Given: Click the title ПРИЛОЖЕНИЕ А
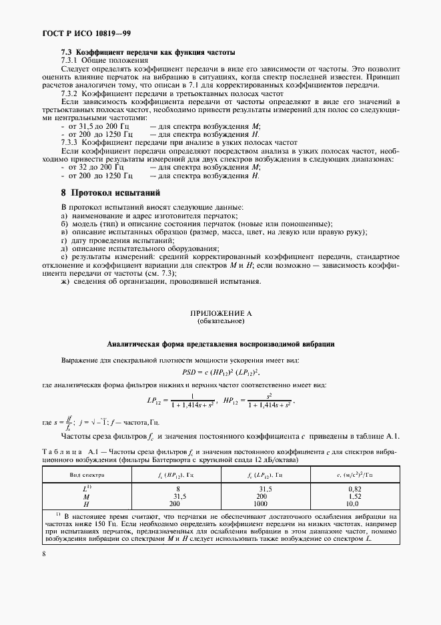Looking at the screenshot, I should (x=220, y=312).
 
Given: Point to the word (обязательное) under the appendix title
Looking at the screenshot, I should (x=220, y=321).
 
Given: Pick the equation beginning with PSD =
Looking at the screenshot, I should (x=220, y=372).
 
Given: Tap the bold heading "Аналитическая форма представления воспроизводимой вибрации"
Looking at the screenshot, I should (x=220, y=344).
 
